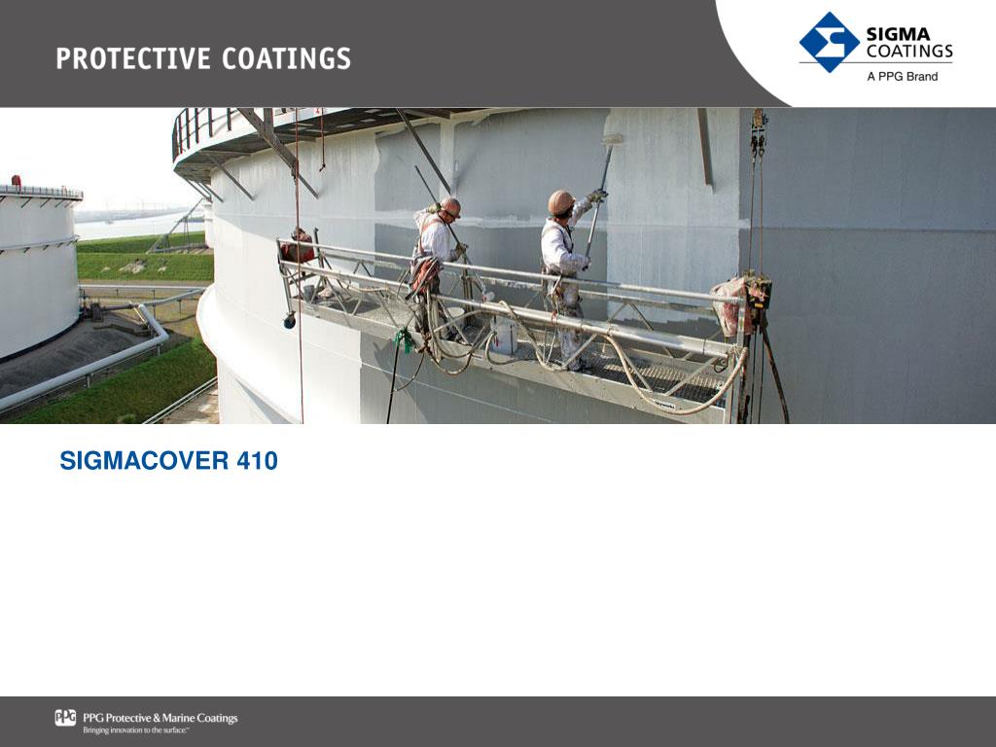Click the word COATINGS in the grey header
287,58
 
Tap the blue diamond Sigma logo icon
829,42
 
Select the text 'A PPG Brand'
902,76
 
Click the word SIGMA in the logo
898,34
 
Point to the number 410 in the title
257,460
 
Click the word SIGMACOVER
144,460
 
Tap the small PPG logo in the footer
65,718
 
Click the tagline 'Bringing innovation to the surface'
136,730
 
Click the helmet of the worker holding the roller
560,201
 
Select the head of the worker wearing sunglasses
450,207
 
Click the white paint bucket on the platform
504,335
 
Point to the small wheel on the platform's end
290,321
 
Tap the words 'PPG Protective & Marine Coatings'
160,718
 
